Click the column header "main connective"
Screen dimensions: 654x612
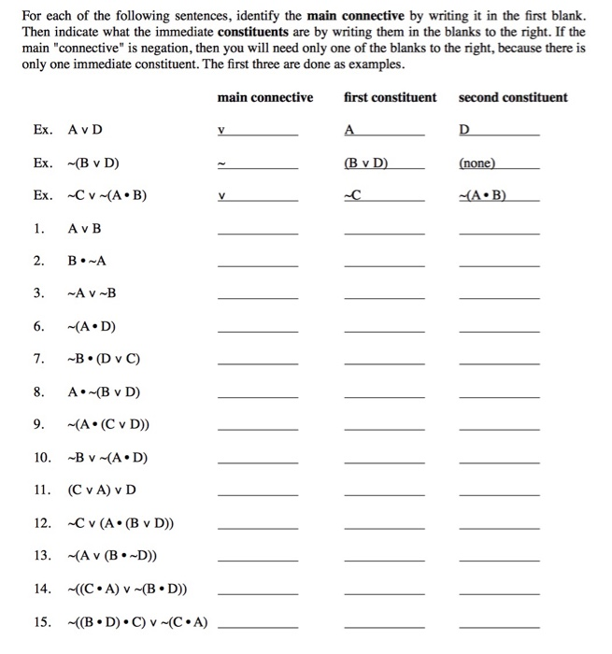264,97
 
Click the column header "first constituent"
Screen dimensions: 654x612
390,97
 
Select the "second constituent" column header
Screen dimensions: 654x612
512,97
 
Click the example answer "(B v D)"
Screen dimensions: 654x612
366,163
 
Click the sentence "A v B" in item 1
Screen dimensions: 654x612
85,229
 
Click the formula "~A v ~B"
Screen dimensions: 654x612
93,293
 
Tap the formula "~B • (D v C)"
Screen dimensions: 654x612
104,359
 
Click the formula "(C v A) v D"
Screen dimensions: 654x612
102,490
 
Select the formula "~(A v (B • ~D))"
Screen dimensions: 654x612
113,555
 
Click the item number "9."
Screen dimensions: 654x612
39,424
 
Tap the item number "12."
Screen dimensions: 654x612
42,522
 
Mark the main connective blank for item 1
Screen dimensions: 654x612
258,233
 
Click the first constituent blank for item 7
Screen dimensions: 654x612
384,363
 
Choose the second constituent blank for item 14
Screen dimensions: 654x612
499,592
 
